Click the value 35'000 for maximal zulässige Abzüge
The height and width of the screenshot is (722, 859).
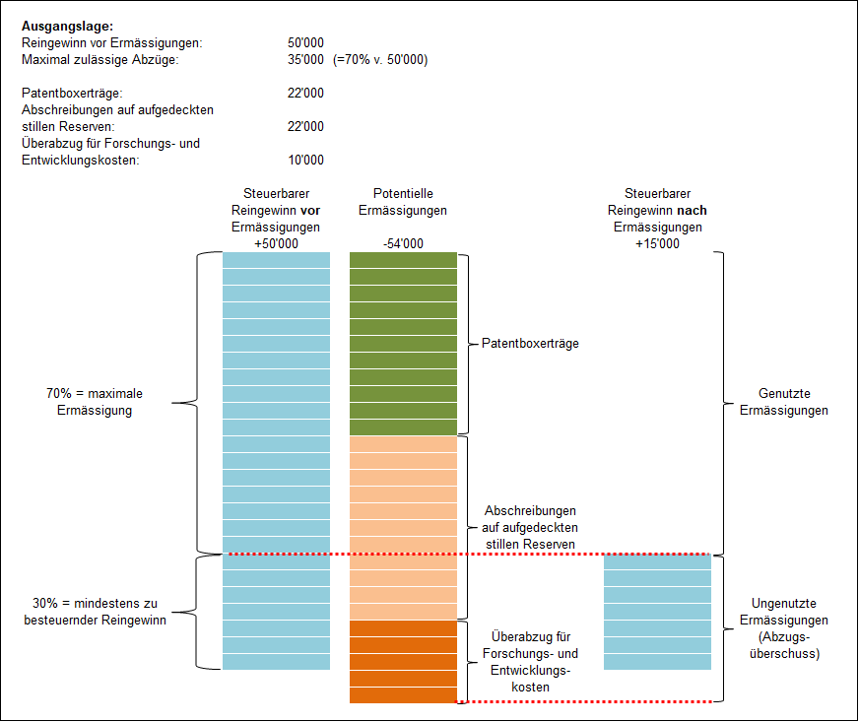tap(305, 60)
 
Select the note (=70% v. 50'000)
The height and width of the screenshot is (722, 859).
tap(380, 60)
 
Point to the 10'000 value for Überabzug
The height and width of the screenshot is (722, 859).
tap(305, 161)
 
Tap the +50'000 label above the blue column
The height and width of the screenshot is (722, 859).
tap(276, 243)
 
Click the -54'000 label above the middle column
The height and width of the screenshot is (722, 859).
tap(403, 243)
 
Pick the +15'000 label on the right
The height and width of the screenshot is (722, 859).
tap(657, 243)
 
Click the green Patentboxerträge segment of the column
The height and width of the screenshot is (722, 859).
tap(403, 343)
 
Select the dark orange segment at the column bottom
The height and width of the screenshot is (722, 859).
tap(403, 661)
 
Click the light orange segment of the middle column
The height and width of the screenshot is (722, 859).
tap(403, 527)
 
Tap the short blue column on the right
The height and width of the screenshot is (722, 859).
tap(657, 612)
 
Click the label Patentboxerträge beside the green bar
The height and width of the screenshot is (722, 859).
tap(530, 344)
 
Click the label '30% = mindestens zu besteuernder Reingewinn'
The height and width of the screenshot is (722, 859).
tap(95, 612)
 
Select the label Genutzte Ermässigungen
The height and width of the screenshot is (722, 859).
tap(784, 402)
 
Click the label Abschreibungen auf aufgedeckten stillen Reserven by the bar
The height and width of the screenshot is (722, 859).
tap(530, 527)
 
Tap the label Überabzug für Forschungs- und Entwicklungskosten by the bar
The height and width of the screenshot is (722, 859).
tap(532, 661)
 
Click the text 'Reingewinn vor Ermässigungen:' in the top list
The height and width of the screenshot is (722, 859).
tap(111, 43)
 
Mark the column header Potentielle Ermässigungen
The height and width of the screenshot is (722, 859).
tap(403, 202)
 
